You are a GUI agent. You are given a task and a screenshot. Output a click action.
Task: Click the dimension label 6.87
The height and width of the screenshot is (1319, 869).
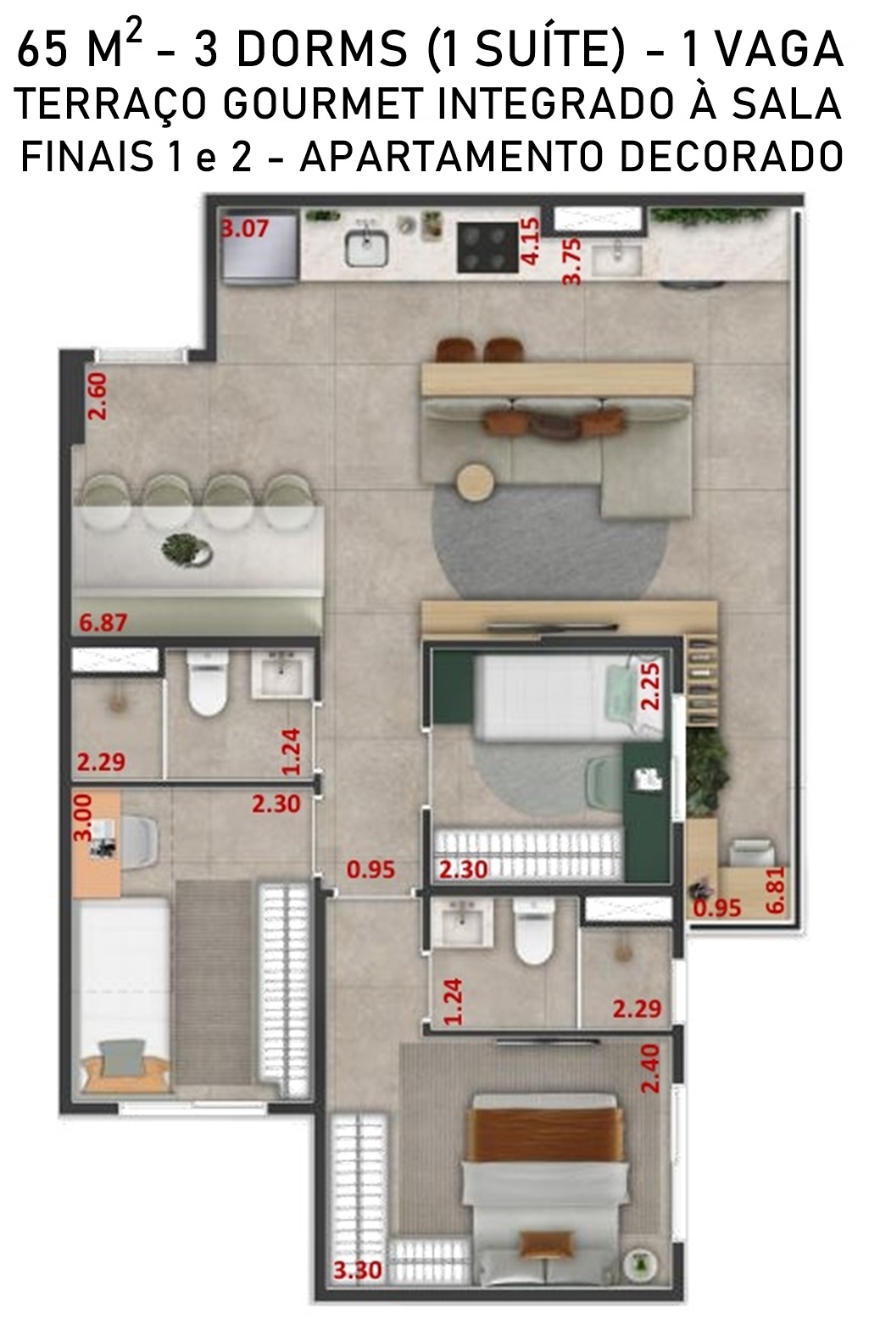[x=103, y=622]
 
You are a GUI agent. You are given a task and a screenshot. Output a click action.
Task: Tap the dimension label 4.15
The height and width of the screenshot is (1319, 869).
[x=531, y=242]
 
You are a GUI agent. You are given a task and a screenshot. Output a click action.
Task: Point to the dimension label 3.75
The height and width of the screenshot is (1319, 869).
[x=571, y=261]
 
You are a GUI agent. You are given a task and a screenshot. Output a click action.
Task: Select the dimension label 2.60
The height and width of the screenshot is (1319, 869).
[x=97, y=396]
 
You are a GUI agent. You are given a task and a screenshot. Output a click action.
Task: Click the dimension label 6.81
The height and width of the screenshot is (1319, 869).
[x=776, y=890]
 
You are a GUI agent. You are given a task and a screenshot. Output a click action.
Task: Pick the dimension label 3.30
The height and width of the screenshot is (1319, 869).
[x=358, y=1270]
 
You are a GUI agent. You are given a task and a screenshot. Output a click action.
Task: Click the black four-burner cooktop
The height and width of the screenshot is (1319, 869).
[x=488, y=248]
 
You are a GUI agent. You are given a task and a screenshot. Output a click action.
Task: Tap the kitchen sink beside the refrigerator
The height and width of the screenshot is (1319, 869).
[x=366, y=248]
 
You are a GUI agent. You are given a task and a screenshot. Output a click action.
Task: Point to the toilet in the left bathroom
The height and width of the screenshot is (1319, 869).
[x=207, y=682]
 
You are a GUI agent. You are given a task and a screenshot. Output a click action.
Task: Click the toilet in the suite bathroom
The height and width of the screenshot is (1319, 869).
[x=533, y=931]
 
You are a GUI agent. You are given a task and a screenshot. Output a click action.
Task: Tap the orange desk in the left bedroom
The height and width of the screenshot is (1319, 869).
[x=97, y=844]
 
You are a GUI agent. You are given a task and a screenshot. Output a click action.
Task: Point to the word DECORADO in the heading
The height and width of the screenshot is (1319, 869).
[x=732, y=157]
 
